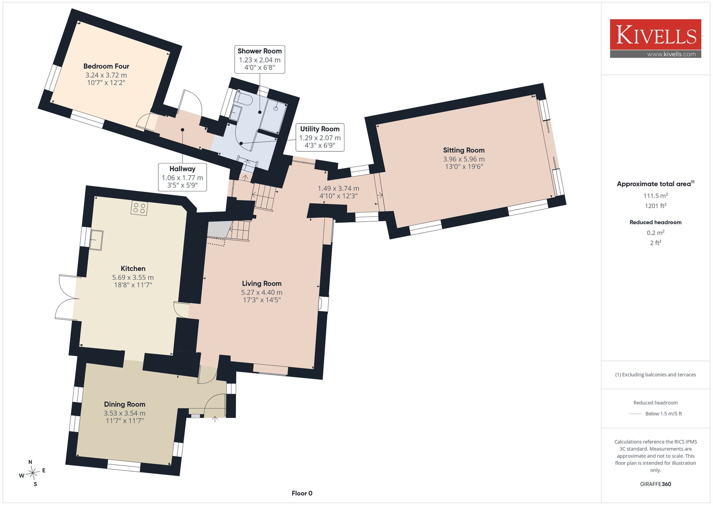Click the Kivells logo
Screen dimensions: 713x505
pyautogui.click(x=655, y=39)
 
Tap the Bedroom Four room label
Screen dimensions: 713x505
pyautogui.click(x=106, y=66)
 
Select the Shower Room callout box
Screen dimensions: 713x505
pyautogui.click(x=260, y=59)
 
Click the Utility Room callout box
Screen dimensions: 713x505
pyautogui.click(x=320, y=137)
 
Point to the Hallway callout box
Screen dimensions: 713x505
pyautogui.click(x=183, y=177)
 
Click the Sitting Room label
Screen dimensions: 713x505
pyautogui.click(x=464, y=150)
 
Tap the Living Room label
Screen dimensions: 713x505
pyautogui.click(x=262, y=284)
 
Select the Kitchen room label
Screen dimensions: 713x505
pyautogui.click(x=133, y=269)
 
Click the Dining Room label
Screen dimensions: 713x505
pyautogui.click(x=124, y=404)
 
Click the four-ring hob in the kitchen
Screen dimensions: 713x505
pyautogui.click(x=139, y=208)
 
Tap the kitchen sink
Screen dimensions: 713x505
pyautogui.click(x=96, y=240)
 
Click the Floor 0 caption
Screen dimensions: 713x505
pyautogui.click(x=302, y=493)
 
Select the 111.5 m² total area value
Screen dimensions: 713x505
pyautogui.click(x=655, y=196)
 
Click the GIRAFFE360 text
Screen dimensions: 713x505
pyautogui.click(x=655, y=484)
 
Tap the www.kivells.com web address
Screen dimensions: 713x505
pyautogui.click(x=671, y=54)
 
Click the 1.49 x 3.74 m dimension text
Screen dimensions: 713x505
pyautogui.click(x=338, y=188)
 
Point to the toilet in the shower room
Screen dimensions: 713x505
pyautogui.click(x=243, y=99)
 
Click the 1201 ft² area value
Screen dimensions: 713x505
pyautogui.click(x=655, y=206)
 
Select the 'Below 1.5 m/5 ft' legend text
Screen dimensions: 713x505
pyautogui.click(x=663, y=414)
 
